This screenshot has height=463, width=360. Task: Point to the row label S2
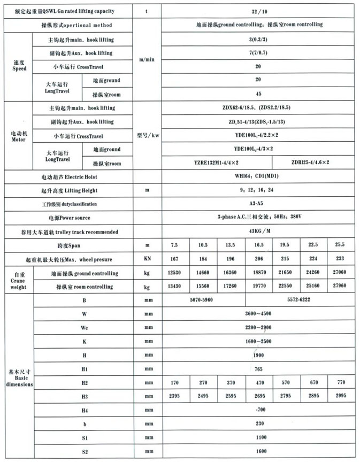pos(85,452)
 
